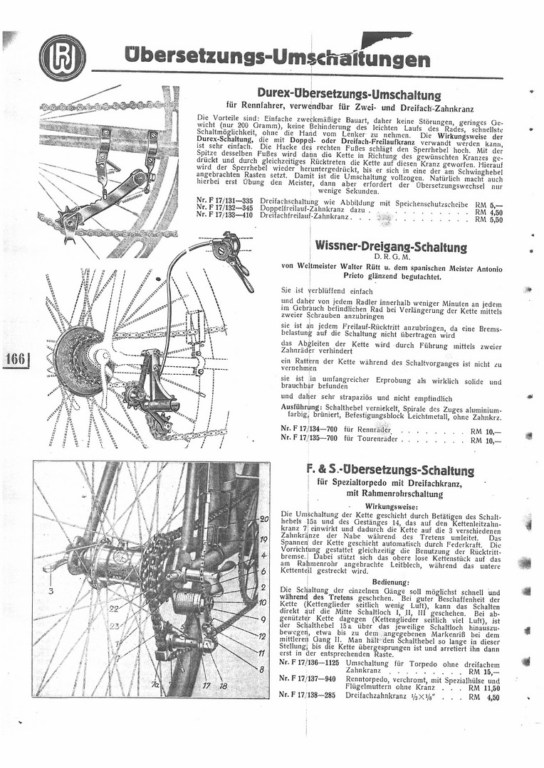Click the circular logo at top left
63,58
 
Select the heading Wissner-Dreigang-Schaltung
391,247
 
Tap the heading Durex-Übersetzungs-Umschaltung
349,95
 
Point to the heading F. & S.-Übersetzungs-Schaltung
390,470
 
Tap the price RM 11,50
484,688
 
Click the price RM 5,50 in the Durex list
488,220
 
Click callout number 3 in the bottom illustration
51,590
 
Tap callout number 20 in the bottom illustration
263,520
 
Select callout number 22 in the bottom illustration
114,608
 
